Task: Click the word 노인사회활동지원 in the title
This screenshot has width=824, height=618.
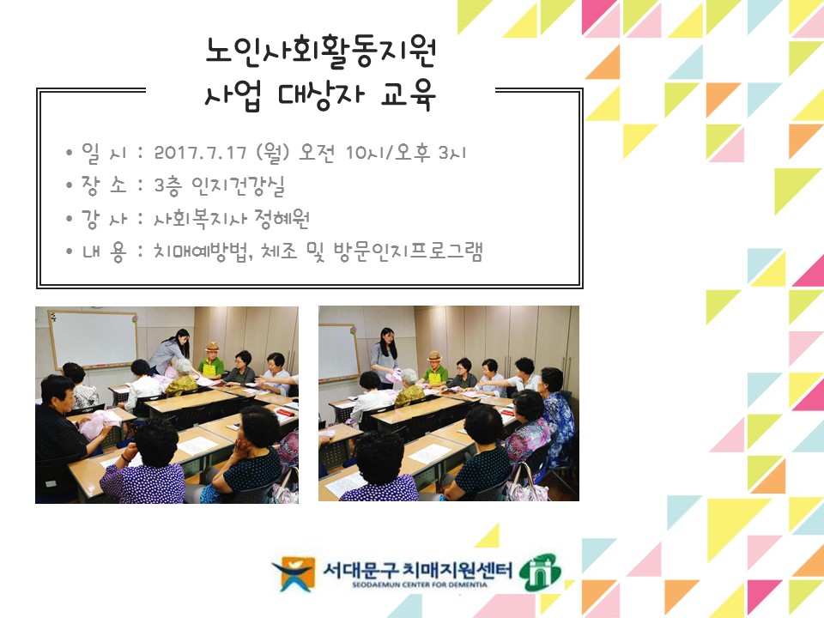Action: [x=321, y=54]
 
